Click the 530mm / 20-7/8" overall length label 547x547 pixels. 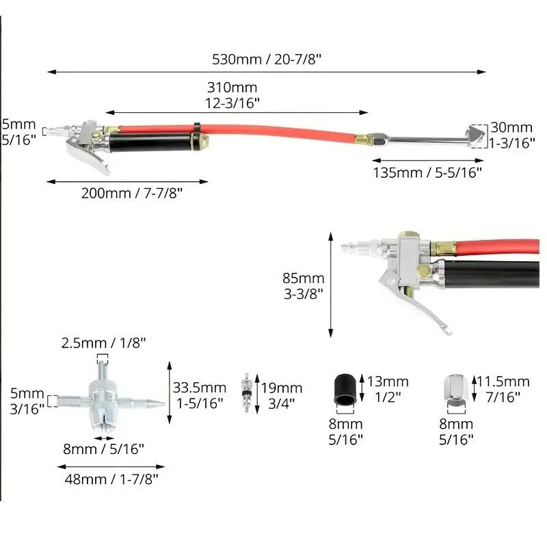pyautogui.click(x=267, y=59)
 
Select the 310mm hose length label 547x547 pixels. pyautogui.click(x=232, y=95)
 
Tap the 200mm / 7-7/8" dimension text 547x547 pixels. pyautogui.click(x=132, y=193)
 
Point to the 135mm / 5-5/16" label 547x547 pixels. pyautogui.click(x=427, y=172)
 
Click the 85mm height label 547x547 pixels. pyautogui.click(x=304, y=286)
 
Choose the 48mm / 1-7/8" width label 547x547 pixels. pyautogui.click(x=111, y=479)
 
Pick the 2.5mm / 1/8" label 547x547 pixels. pyautogui.click(x=104, y=343)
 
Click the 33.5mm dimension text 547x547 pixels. pyautogui.click(x=200, y=395)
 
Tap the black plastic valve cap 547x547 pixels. pyautogui.click(x=345, y=389)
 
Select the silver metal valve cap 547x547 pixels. pyautogui.click(x=456, y=390)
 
